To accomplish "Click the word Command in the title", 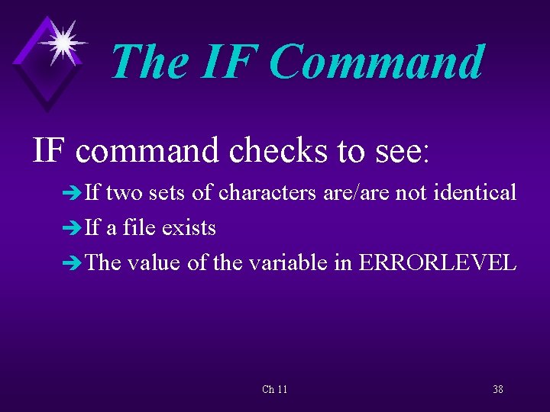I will pyautogui.click(x=377, y=62).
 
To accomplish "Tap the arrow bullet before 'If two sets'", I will pyautogui.click(x=74, y=194).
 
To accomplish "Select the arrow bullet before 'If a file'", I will pyautogui.click(x=74, y=229).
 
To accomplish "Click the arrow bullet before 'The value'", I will pyautogui.click(x=74, y=264).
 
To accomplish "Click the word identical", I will pyautogui.click(x=474, y=193).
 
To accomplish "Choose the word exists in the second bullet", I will pyautogui.click(x=190, y=228).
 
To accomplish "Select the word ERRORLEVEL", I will pyautogui.click(x=437, y=263).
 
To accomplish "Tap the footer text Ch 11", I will pyautogui.click(x=275, y=390).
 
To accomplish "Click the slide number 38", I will pyautogui.click(x=497, y=390).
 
